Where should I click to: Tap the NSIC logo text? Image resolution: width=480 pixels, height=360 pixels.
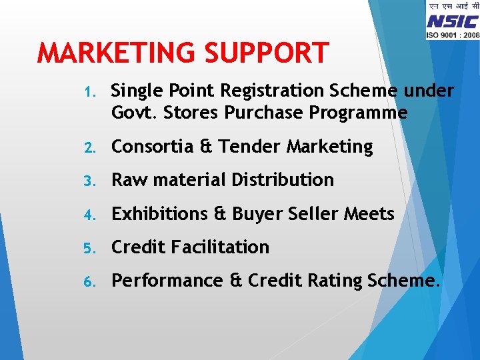tap(453, 21)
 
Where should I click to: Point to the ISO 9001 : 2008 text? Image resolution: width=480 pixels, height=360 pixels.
tap(453, 34)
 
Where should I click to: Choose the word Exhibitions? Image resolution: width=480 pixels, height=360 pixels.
tap(161, 214)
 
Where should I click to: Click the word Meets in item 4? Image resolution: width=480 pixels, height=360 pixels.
tap(369, 214)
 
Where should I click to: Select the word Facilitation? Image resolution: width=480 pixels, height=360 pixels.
tap(220, 247)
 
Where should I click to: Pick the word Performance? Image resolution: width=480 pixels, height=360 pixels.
tap(167, 281)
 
